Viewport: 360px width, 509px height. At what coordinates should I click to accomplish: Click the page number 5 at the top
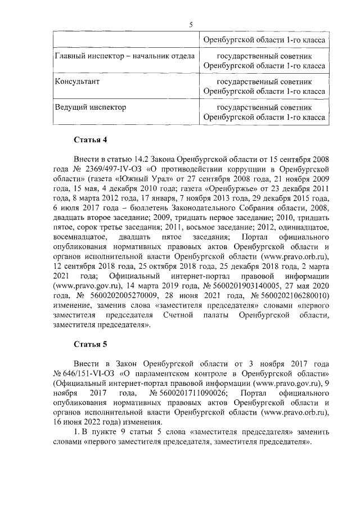click(x=191, y=24)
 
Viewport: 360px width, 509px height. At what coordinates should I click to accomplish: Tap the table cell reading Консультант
click(x=76, y=81)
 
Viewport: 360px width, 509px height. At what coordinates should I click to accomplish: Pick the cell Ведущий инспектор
click(x=90, y=106)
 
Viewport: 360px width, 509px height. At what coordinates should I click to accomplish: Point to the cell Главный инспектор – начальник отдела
click(x=124, y=56)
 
